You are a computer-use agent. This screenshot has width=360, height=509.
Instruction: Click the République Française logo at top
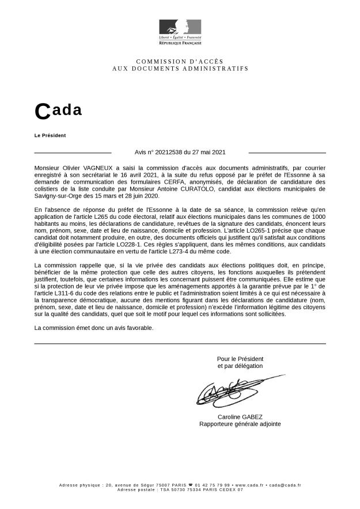180,32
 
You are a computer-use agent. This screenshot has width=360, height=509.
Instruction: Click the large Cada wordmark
58,111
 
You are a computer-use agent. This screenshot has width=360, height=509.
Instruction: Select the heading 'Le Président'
50,135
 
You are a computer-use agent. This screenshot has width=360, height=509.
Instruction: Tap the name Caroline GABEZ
240,417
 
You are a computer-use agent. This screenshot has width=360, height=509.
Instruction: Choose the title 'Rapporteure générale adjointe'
240,424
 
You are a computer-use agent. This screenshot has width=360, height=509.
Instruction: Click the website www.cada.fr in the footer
249,485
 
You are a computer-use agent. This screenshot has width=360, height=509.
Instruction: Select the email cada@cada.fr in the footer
284,485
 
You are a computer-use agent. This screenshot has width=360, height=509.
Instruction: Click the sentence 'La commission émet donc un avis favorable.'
94,328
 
